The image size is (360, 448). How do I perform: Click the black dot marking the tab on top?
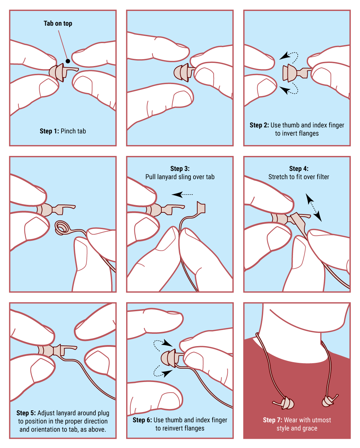[68, 61]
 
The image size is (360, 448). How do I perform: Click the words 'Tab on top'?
[58, 24]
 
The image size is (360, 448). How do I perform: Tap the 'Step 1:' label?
[50, 131]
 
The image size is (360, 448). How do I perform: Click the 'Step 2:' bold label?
[259, 125]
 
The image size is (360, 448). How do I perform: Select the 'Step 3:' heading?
[180, 168]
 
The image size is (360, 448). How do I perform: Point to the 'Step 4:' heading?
[298, 168]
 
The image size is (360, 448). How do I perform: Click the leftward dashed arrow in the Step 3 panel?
[182, 195]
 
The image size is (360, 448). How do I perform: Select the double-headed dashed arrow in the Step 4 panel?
[314, 207]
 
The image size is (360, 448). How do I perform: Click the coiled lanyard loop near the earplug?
[61, 228]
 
